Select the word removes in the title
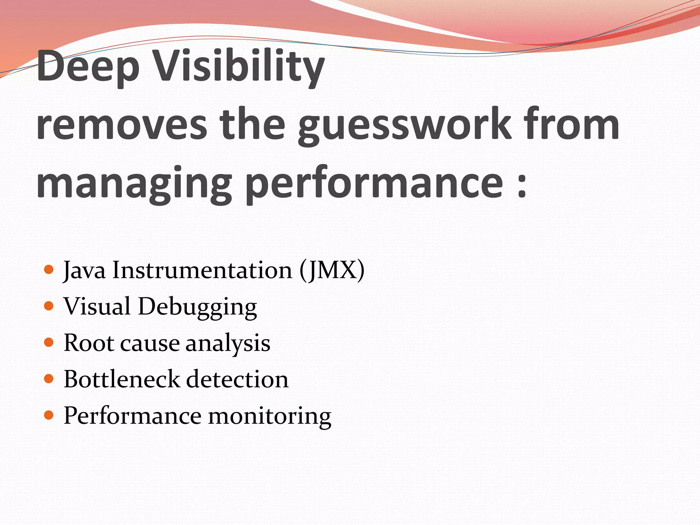pyautogui.click(x=122, y=125)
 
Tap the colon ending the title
pyautogui.click(x=521, y=186)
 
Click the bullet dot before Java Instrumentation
pyautogui.click(x=49, y=270)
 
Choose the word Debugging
pyautogui.click(x=197, y=307)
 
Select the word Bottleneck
pyautogui.click(x=122, y=379)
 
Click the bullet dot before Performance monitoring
pyautogui.click(x=49, y=415)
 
